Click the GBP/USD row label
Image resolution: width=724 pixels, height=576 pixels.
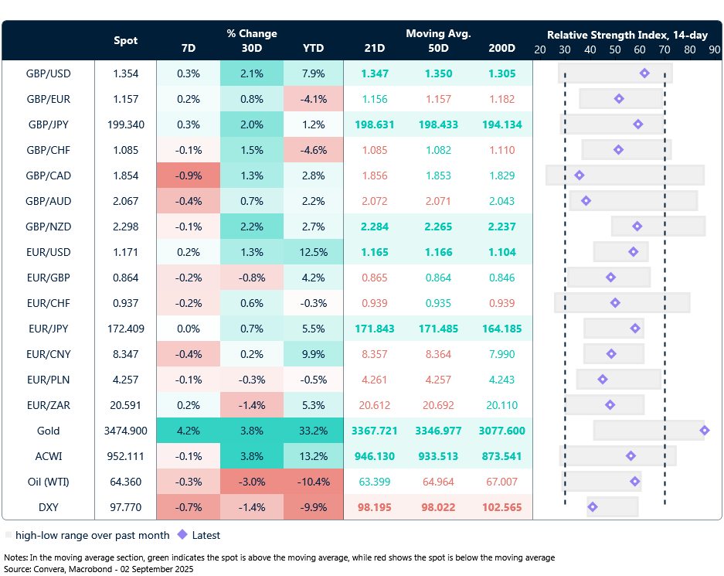coord(48,73)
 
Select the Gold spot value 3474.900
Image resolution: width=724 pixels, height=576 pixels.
coord(126,431)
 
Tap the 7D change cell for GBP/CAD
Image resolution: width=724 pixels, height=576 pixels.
coord(188,176)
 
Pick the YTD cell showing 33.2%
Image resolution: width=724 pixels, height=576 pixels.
coord(314,431)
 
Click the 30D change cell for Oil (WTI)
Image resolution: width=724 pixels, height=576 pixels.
coord(252,482)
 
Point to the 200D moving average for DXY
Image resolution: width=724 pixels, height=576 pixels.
coord(502,507)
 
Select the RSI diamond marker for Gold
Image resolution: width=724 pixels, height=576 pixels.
coord(703,430)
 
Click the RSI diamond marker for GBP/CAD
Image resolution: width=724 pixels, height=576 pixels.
coord(580,176)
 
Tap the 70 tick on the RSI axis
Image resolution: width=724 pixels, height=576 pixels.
coord(665,49)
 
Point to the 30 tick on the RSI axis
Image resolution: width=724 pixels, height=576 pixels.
coord(565,49)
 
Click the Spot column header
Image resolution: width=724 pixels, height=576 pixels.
coord(126,40)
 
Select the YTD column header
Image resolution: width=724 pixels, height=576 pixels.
coord(314,48)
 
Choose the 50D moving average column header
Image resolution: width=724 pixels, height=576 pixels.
coord(438,48)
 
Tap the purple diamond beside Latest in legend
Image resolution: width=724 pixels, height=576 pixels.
coord(182,535)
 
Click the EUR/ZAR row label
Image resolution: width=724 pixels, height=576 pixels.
coord(48,405)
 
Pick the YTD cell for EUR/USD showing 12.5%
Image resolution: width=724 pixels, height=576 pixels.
coord(314,252)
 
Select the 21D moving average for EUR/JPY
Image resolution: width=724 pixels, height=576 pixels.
coord(374,329)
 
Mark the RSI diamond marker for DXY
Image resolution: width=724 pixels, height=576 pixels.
coord(593,507)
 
